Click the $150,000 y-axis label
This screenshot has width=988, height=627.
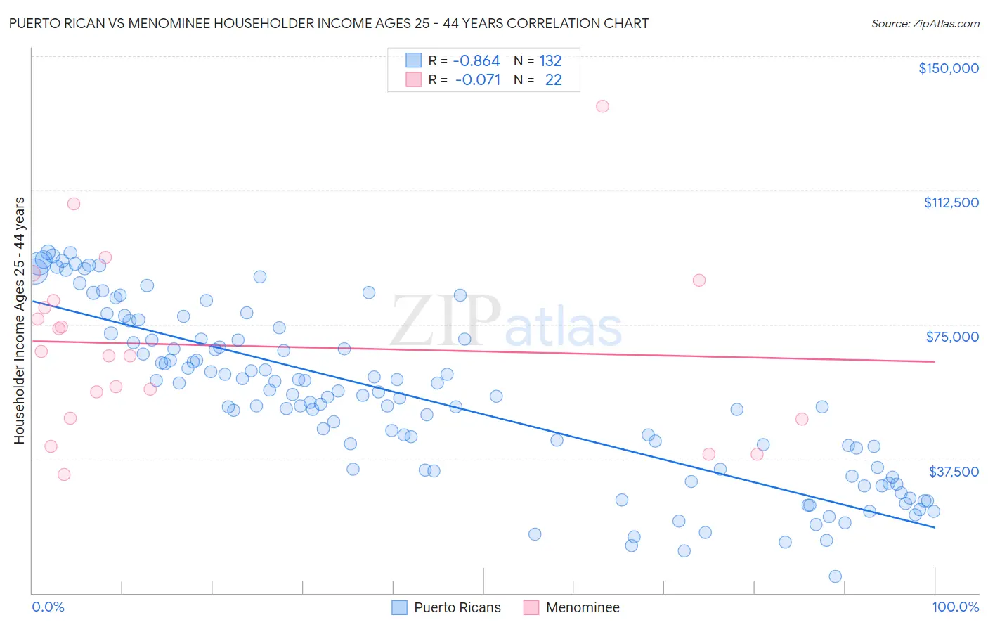pyautogui.click(x=948, y=68)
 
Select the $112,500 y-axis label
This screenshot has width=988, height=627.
pyautogui.click(x=951, y=202)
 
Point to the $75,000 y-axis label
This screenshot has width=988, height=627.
pyautogui.click(x=952, y=337)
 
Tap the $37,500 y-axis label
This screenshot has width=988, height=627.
pyautogui.click(x=954, y=472)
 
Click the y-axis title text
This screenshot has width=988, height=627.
pyautogui.click(x=19, y=321)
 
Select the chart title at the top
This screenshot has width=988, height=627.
pyautogui.click(x=328, y=23)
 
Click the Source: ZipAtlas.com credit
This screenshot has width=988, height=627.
pyautogui.click(x=925, y=24)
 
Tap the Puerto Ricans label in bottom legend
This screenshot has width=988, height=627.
pyautogui.click(x=457, y=607)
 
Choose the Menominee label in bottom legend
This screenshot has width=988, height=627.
pyautogui.click(x=583, y=607)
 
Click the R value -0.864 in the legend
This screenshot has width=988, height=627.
pyautogui.click(x=476, y=61)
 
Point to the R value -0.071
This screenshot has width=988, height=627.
pyautogui.click(x=478, y=80)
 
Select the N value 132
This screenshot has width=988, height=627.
pyautogui.click(x=550, y=61)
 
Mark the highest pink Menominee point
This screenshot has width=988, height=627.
pyautogui.click(x=602, y=106)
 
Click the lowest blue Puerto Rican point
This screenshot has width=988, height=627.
pyautogui.click(x=835, y=576)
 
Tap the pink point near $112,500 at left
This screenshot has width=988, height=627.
pyautogui.click(x=74, y=204)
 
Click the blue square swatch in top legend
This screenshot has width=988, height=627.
pyautogui.click(x=413, y=60)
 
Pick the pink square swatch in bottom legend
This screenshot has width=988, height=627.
pyautogui.click(x=531, y=607)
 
